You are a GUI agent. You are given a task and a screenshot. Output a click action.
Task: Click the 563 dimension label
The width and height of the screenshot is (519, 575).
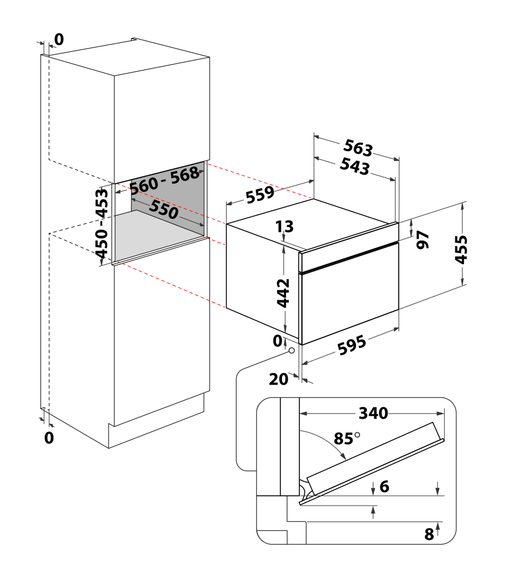pyautogui.click(x=358, y=148)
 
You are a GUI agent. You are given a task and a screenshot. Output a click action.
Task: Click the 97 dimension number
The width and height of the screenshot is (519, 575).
pyautogui.click(x=423, y=240)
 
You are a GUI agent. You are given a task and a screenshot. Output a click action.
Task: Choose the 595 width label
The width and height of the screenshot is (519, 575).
pyautogui.click(x=351, y=345)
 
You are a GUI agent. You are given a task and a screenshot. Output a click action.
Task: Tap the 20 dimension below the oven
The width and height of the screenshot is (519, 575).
pyautogui.click(x=278, y=379)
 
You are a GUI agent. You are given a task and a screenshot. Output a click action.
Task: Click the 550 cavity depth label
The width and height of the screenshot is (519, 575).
pyautogui.click(x=164, y=210)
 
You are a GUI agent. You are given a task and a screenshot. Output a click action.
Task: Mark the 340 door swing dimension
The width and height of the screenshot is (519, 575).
pyautogui.click(x=373, y=413)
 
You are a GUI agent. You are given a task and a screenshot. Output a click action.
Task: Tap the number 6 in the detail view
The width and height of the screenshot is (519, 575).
pyautogui.click(x=384, y=486)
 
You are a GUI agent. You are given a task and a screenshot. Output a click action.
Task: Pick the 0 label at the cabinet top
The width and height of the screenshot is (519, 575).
pyautogui.click(x=59, y=39)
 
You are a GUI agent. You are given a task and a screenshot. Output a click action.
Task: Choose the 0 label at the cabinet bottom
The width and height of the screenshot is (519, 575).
pyautogui.click(x=49, y=438)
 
